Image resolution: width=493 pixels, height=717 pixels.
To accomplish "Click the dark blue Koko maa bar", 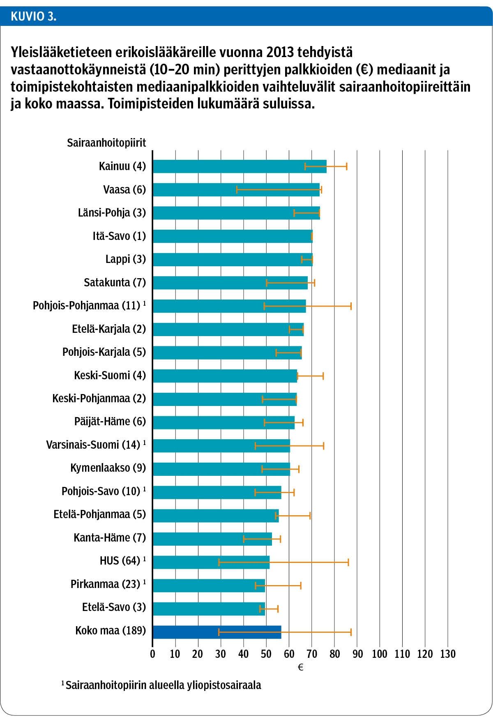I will [217, 632].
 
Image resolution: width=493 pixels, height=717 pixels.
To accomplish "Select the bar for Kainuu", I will [239, 166].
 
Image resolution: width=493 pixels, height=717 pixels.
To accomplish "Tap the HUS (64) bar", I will [211, 562].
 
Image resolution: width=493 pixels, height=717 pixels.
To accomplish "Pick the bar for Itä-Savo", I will [232, 236].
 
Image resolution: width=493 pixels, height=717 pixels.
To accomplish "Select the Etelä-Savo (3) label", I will [114, 607].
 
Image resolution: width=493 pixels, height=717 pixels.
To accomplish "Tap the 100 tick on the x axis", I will [380, 654].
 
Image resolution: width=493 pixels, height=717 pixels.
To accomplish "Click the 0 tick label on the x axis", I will [152, 654].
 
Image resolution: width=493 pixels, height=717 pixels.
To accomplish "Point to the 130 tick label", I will [448, 654].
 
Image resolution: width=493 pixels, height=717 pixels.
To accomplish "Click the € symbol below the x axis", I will [300, 668].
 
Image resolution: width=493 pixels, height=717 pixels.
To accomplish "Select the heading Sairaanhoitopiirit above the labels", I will [106, 143].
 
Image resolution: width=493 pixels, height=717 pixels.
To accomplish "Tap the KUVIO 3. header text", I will [34, 16].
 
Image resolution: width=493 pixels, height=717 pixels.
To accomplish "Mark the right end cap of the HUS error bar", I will [348, 563].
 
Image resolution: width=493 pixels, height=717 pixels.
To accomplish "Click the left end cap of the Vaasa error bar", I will [237, 190].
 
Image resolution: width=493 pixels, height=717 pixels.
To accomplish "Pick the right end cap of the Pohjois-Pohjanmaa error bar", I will [351, 306].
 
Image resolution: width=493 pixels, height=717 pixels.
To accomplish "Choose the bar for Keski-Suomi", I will [225, 376].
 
